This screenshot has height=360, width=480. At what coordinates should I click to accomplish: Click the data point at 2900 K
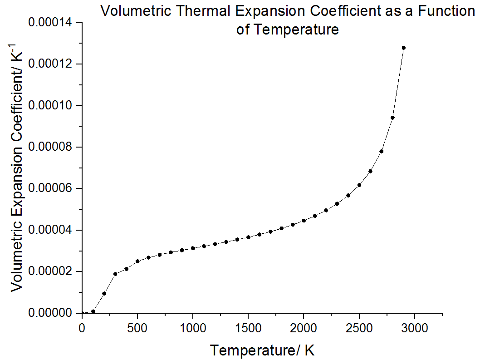tap(403, 48)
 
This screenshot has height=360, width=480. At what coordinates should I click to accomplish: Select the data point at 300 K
tap(115, 274)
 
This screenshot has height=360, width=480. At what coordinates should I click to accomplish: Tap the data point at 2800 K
tap(392, 118)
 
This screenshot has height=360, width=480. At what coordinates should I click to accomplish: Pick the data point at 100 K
tap(93, 311)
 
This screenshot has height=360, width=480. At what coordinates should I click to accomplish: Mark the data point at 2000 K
tap(304, 220)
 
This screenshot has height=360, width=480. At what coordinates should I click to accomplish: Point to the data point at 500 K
tap(137, 261)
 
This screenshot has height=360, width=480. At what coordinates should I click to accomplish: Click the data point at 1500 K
tap(248, 237)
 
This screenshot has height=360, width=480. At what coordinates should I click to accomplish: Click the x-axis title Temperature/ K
tap(262, 350)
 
